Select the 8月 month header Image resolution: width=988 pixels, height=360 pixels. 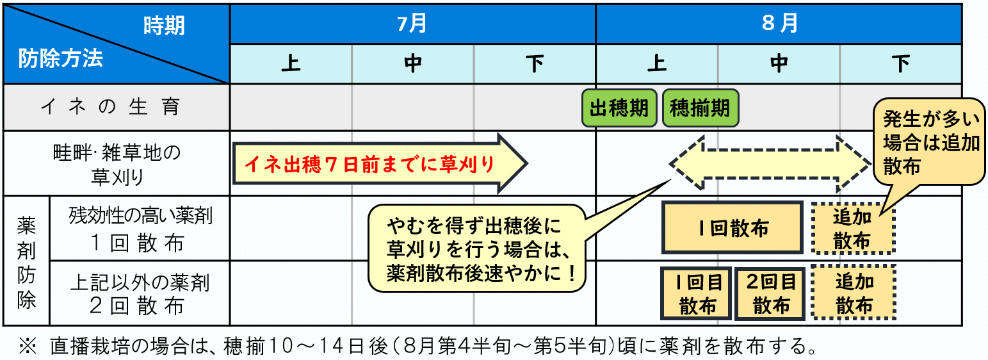[779, 24]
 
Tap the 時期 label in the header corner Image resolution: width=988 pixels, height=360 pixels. [164, 26]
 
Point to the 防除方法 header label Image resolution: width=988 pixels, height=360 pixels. [61, 59]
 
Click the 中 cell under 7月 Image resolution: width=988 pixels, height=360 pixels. [413, 64]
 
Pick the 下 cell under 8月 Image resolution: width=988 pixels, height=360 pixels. [901, 64]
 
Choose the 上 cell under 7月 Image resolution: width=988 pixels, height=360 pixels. [291, 64]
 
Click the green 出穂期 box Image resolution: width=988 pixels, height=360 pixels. [619, 108]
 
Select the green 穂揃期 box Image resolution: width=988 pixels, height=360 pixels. [700, 108]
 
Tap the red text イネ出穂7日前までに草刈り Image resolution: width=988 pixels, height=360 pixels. [369, 164]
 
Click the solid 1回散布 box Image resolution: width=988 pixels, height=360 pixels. [732, 228]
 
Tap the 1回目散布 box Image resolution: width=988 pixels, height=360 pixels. [696, 293]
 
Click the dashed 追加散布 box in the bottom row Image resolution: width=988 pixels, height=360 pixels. [853, 292]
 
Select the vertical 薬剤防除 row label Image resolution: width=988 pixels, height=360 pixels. [26, 263]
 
